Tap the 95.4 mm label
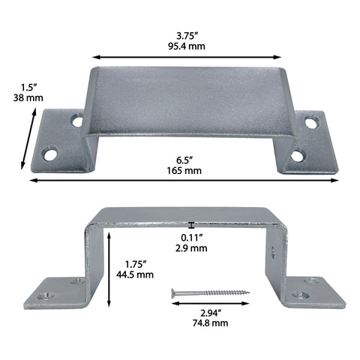(x=187, y=46)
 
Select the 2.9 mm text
(x=193, y=249)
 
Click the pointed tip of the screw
(x=249, y=292)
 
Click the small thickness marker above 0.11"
(x=192, y=224)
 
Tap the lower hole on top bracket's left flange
(x=50, y=154)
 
